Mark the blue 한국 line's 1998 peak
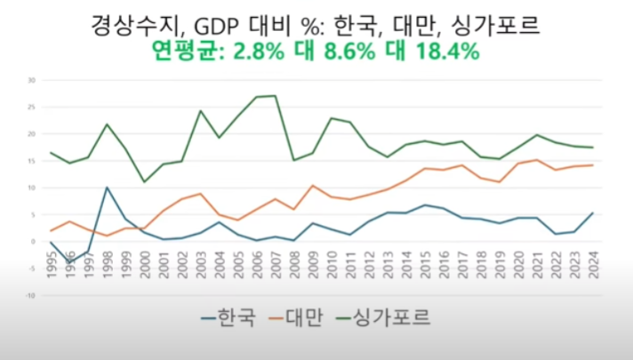click(107, 188)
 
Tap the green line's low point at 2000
click(144, 182)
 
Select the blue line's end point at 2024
click(592, 213)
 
